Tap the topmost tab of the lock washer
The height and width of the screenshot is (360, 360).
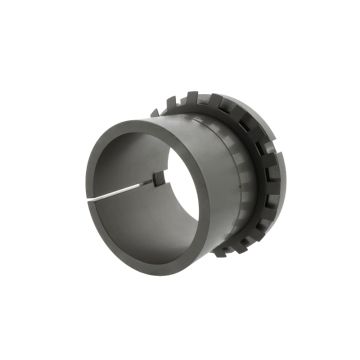196,98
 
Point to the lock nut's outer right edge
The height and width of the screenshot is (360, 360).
276,180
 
